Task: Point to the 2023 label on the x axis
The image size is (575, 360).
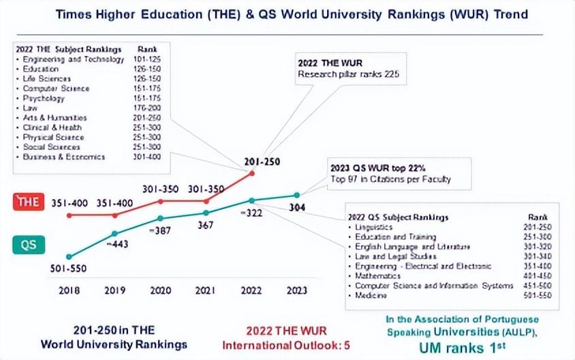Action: click(x=297, y=290)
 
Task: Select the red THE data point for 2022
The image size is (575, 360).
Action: click(x=252, y=173)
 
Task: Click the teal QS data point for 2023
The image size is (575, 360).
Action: click(x=297, y=195)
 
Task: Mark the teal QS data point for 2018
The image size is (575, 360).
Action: click(x=68, y=256)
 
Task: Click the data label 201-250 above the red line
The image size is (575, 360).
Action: click(x=260, y=161)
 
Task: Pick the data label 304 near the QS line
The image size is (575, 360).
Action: click(x=298, y=207)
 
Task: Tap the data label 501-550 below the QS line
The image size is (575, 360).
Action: click(x=68, y=269)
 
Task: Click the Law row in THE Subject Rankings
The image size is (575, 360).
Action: click(x=31, y=108)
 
